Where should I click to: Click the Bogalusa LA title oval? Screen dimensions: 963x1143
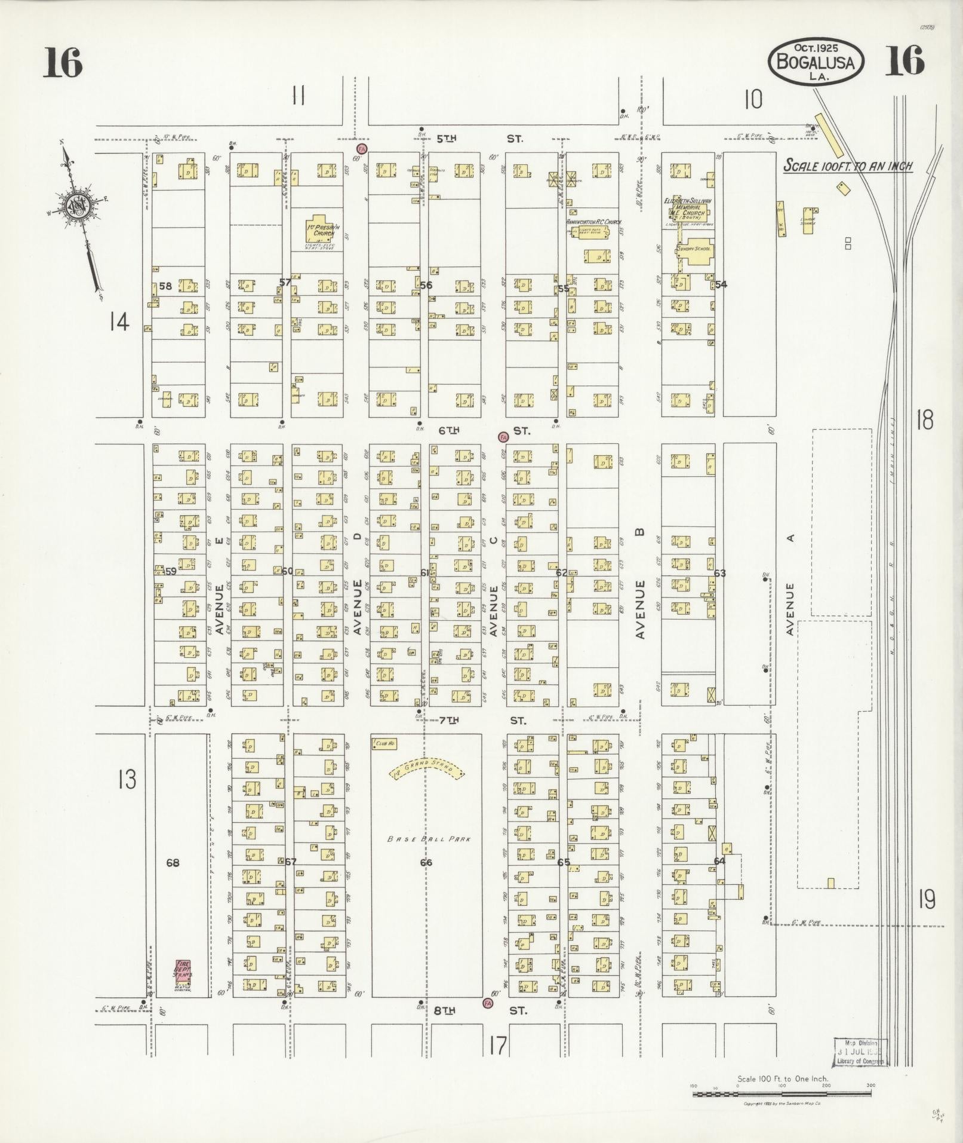pyautogui.click(x=816, y=62)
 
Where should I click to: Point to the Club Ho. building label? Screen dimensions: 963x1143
pyautogui.click(x=385, y=744)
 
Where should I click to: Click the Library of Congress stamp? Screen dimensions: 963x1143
pyautogui.click(x=860, y=1052)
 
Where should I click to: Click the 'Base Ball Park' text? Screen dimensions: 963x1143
pyautogui.click(x=429, y=839)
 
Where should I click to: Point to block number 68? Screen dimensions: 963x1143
pyautogui.click(x=173, y=863)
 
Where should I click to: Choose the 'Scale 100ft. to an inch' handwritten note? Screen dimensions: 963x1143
pyautogui.click(x=848, y=166)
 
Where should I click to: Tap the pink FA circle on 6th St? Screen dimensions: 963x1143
pyautogui.click(x=503, y=437)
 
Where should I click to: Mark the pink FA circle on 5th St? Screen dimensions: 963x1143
pyautogui.click(x=361, y=148)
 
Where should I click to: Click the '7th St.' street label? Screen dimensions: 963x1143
pyautogui.click(x=482, y=721)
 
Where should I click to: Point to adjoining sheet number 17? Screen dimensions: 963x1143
pyautogui.click(x=497, y=1046)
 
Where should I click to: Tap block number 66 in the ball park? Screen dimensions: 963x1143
pyautogui.click(x=426, y=863)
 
